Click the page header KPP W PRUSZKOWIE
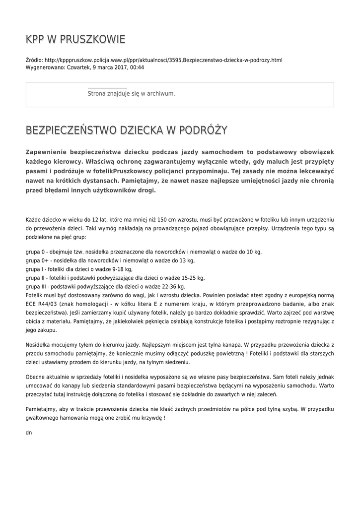(75, 40)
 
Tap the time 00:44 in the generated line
(137, 67)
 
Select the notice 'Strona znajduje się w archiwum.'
(131, 93)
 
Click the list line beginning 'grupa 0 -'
(144, 252)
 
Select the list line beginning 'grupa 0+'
(110, 260)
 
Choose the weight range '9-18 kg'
(123, 269)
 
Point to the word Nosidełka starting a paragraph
(38, 345)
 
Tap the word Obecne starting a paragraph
(35, 377)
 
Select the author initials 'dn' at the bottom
(28, 433)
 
